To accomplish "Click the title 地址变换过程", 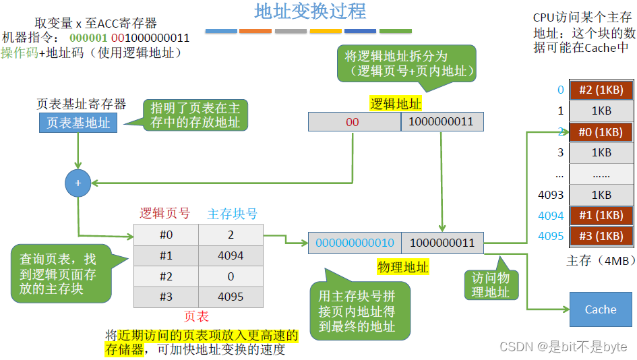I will point(310,11).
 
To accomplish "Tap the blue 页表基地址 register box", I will point(78,123).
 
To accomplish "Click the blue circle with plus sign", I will point(78,183).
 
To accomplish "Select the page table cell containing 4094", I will point(230,256).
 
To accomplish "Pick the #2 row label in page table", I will point(165,276).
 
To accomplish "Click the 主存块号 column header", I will point(232,214).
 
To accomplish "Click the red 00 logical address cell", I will point(353,122).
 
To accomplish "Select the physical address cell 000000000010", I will point(355,243).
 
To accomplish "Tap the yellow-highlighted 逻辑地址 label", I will point(396,103).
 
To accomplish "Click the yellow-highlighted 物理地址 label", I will point(402,267).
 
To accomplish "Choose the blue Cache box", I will point(601,309).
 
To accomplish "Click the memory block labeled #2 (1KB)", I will point(601,90).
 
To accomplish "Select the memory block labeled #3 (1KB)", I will point(601,236).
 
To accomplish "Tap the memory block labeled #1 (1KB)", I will point(601,216).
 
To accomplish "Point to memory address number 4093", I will point(551,196).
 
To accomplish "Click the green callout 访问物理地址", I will point(491,285).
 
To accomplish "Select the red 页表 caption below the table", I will point(197,316).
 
